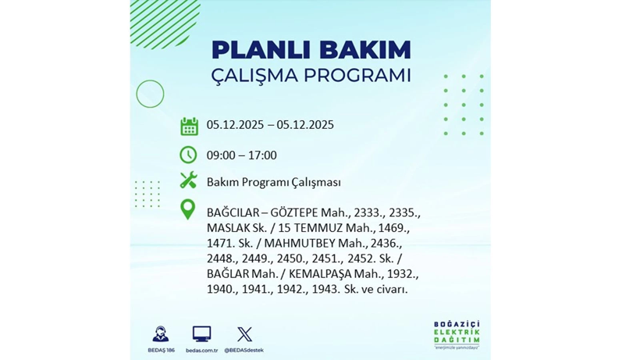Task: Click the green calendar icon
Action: (x=189, y=125)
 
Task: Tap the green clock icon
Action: (x=189, y=155)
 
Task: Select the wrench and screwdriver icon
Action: (x=189, y=181)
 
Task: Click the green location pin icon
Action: (x=188, y=209)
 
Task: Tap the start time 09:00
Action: (x=222, y=155)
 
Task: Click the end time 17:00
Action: (x=261, y=155)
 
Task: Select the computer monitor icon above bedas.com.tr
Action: (x=201, y=334)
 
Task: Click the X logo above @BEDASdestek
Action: (x=244, y=334)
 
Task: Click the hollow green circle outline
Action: (x=150, y=94)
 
